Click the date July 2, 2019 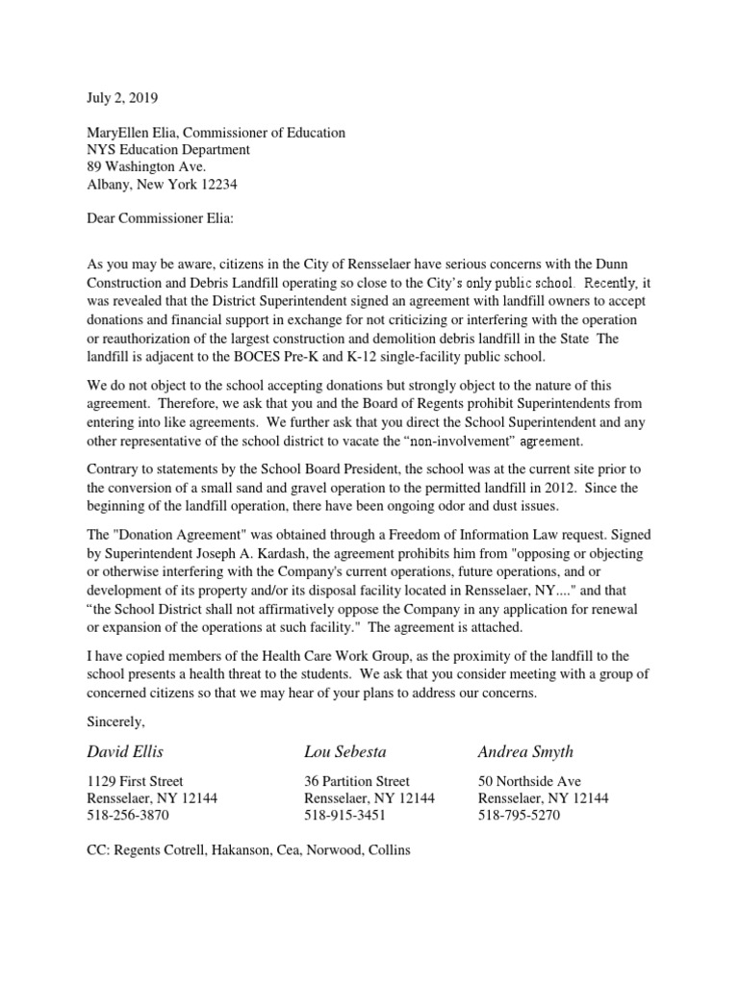[122, 98]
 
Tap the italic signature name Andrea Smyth [525, 750]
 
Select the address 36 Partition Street [356, 781]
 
